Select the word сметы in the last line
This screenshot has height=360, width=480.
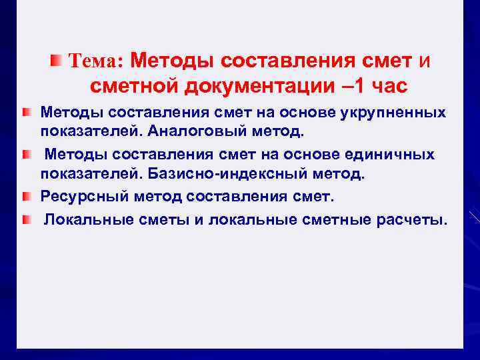[x=165, y=219]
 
